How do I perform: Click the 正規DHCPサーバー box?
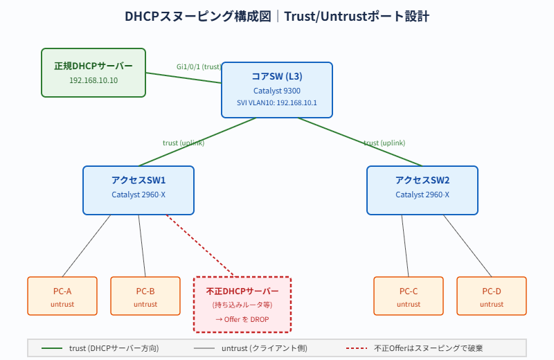point(93,72)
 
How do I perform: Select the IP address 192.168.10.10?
point(93,80)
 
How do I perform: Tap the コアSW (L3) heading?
point(277,76)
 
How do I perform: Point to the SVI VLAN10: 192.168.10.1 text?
point(277,103)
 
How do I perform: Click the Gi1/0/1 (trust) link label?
point(199,66)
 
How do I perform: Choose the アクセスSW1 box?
point(138,190)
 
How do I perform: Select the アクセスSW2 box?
point(422,190)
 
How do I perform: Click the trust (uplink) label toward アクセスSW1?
point(184,143)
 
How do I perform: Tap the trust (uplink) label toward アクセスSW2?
point(384,143)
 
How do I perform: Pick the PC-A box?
point(62,296)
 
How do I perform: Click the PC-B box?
point(145,296)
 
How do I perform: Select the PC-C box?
point(409,296)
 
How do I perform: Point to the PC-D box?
point(492,296)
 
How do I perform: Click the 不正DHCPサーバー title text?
point(242,291)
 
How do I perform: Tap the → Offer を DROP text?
point(242,319)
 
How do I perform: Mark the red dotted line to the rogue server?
point(201,245)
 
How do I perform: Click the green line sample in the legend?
point(52,348)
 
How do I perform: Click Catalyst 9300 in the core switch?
point(277,90)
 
